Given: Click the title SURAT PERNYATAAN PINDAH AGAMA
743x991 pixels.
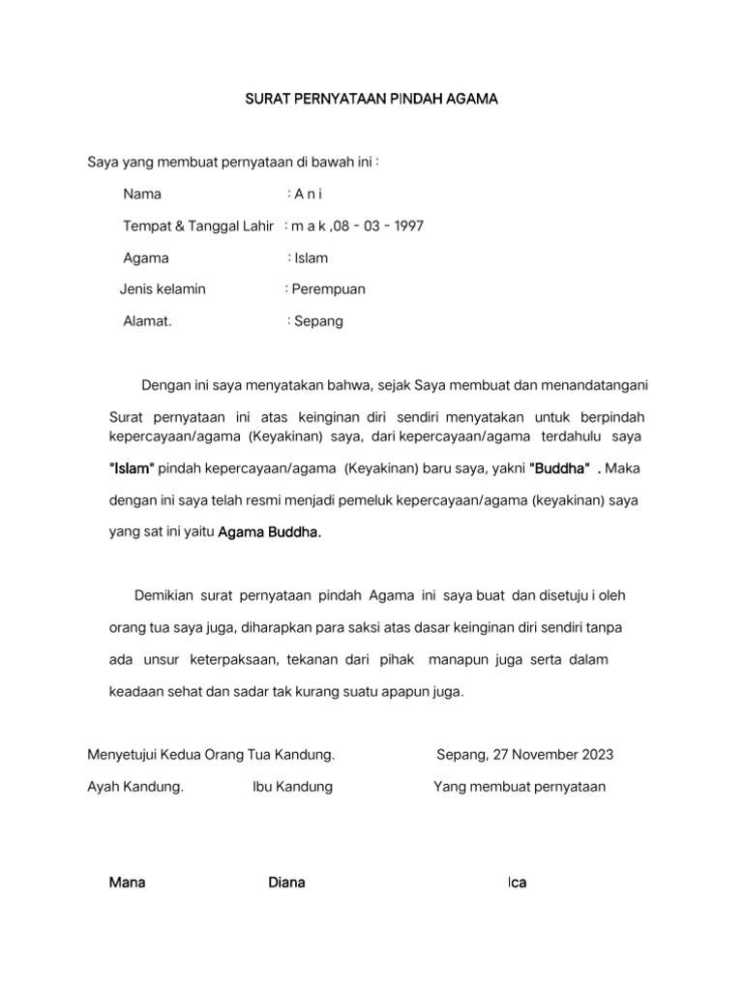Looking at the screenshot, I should click(371, 99).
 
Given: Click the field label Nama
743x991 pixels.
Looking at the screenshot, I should click(142, 195).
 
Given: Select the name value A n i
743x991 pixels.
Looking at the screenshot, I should click(309, 195).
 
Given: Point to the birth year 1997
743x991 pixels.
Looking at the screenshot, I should click(406, 226).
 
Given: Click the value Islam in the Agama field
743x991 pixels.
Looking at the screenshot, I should click(312, 258).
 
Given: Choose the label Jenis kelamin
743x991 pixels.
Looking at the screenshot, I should click(163, 289).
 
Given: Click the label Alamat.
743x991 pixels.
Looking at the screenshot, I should click(147, 321).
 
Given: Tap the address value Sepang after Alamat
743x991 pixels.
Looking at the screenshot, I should click(319, 321).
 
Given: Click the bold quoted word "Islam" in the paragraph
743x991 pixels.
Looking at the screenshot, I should click(132, 468).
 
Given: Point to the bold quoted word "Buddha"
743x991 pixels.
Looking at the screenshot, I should click(560, 468).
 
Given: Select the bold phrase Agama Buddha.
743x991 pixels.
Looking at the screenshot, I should click(269, 531).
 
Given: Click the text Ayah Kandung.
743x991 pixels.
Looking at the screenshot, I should click(135, 787).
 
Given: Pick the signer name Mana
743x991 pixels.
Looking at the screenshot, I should click(128, 883).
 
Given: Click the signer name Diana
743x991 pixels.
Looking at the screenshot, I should click(286, 883).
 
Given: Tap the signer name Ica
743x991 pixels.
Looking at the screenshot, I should click(518, 883).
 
